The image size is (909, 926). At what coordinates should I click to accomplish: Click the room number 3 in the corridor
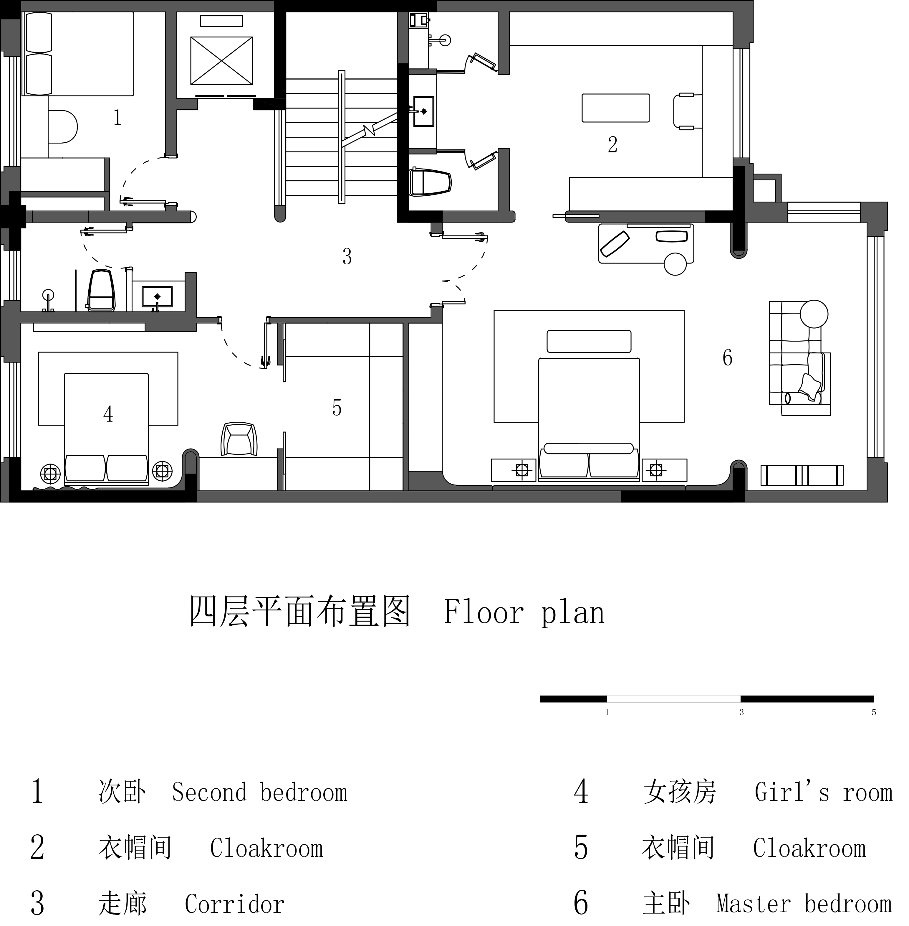tap(347, 257)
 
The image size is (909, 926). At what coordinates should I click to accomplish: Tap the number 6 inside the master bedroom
tap(727, 358)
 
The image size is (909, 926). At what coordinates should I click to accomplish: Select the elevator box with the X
tap(221, 61)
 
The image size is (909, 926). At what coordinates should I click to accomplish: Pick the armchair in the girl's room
tap(239, 439)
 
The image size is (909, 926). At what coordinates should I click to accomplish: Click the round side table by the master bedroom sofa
tap(814, 314)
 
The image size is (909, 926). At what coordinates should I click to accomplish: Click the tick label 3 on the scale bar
tap(741, 712)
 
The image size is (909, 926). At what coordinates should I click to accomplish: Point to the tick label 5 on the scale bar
tap(874, 712)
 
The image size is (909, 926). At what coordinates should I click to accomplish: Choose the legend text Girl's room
tap(823, 792)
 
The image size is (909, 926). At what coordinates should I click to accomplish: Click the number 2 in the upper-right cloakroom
tap(612, 145)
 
